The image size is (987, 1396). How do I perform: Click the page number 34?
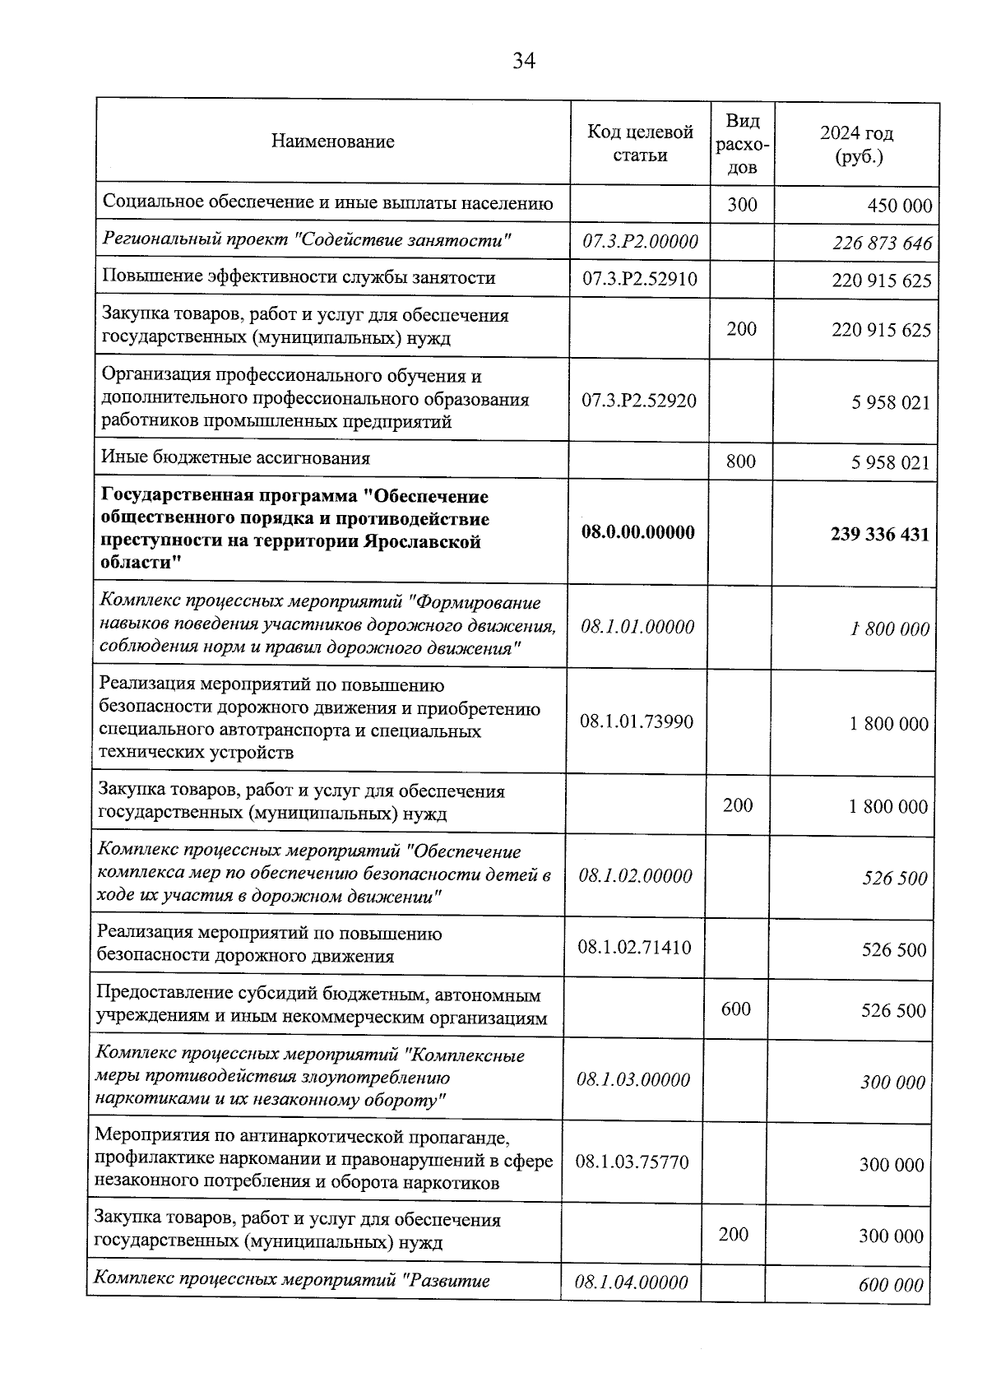[x=524, y=61]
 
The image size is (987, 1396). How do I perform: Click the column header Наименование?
[x=332, y=141]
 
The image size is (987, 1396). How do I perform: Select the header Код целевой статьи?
[x=640, y=143]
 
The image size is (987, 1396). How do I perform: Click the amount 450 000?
[x=900, y=206]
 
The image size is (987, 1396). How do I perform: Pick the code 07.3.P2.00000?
[x=640, y=241]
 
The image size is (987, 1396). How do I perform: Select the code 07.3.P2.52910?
[x=639, y=279]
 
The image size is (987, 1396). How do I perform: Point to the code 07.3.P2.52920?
[x=638, y=401]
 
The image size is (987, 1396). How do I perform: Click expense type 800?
[x=741, y=461]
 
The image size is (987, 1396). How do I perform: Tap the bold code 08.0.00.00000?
[x=637, y=532]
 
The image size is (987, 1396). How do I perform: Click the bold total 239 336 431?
[x=879, y=535]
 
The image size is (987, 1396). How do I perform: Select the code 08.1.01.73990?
[x=636, y=721]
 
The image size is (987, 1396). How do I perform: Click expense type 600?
[x=735, y=1009]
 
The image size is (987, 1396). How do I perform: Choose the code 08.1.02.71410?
[x=634, y=948]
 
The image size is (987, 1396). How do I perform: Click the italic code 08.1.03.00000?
[x=633, y=1079]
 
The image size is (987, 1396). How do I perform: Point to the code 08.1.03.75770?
[x=632, y=1162]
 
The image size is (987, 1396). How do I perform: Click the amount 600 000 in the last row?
[x=891, y=1285]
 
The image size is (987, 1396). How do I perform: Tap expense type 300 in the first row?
[x=742, y=204]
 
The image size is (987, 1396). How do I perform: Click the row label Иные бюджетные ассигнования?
[x=235, y=458]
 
